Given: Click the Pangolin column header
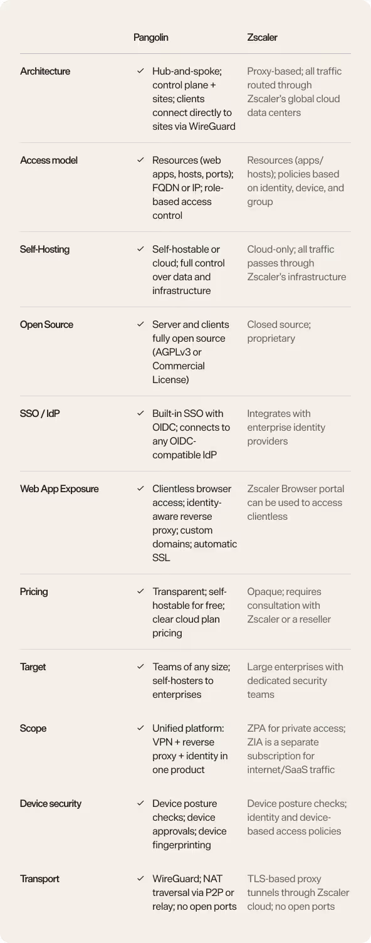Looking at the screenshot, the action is pyautogui.click(x=150, y=38).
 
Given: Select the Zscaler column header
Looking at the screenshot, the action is pyautogui.click(x=262, y=38).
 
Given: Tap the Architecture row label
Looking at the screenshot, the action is pyautogui.click(x=45, y=71).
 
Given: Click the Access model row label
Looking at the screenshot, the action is pyautogui.click(x=49, y=161).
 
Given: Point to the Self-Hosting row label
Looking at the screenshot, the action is pyautogui.click(x=44, y=250).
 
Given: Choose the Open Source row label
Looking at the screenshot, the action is pyautogui.click(x=46, y=325).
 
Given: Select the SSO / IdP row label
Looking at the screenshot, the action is pyautogui.click(x=39, y=414).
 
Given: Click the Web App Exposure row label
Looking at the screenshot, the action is pyautogui.click(x=59, y=489).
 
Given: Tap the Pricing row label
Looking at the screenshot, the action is pyautogui.click(x=34, y=592).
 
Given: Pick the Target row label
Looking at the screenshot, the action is pyautogui.click(x=33, y=667).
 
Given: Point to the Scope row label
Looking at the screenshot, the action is pyautogui.click(x=33, y=729).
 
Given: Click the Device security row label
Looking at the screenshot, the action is pyautogui.click(x=50, y=804).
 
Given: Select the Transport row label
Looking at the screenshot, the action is pyautogui.click(x=39, y=879).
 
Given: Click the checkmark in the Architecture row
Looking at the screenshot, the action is pyautogui.click(x=140, y=71).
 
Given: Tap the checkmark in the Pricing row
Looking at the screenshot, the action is pyautogui.click(x=140, y=592).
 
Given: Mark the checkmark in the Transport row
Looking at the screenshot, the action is pyautogui.click(x=140, y=879).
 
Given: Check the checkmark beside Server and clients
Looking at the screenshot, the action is pyautogui.click(x=140, y=325).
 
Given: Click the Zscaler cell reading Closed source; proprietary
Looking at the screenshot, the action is pyautogui.click(x=279, y=332).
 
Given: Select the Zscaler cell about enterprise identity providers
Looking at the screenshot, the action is pyautogui.click(x=286, y=428).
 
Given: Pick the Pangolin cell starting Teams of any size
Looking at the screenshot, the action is pyautogui.click(x=191, y=681).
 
